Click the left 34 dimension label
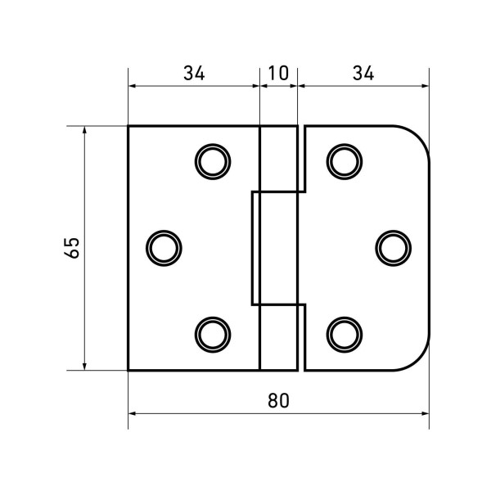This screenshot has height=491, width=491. (194, 74)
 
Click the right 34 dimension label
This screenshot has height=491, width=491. (363, 74)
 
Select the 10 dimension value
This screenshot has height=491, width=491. (278, 74)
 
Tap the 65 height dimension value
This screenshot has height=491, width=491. (72, 248)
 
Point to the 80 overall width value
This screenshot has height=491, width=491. (279, 400)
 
